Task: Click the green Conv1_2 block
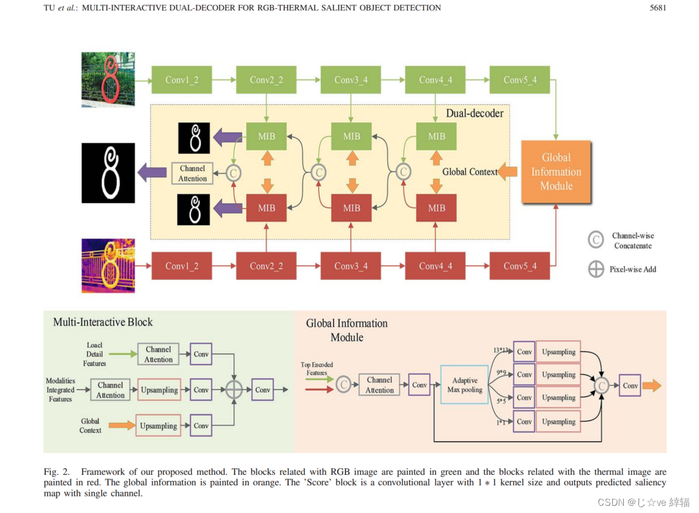click(x=181, y=80)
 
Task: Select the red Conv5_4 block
click(x=520, y=266)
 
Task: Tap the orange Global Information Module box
click(x=556, y=172)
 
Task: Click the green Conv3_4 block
click(x=351, y=80)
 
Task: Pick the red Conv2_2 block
click(x=266, y=266)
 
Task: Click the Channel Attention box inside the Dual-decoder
click(x=192, y=173)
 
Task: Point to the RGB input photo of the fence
click(x=108, y=79)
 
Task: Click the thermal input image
click(x=108, y=266)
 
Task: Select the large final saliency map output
click(x=108, y=173)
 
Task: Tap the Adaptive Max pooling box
click(x=464, y=385)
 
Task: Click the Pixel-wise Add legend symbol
click(x=596, y=269)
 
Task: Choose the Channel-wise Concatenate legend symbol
click(x=596, y=240)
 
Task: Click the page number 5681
click(x=657, y=8)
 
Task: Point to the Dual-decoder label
click(x=474, y=113)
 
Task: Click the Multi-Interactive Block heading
click(x=103, y=322)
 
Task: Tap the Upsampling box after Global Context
click(x=158, y=426)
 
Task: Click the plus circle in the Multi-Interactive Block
click(x=234, y=390)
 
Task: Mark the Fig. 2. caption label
click(x=56, y=472)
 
